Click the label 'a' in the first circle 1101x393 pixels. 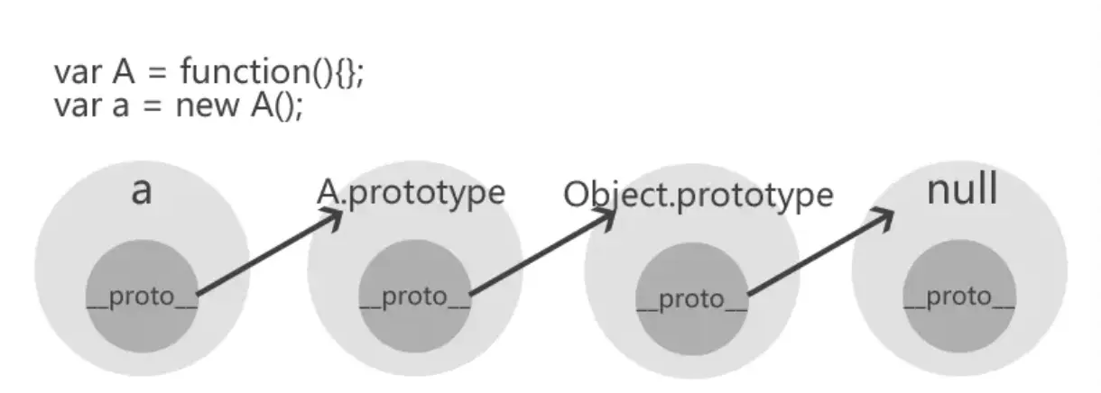click(x=141, y=192)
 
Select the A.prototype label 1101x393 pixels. click(x=411, y=192)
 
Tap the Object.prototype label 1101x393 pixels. click(x=698, y=196)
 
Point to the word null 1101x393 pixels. click(x=962, y=190)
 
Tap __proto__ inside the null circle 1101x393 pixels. click(x=959, y=297)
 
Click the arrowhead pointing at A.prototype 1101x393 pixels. click(x=336, y=216)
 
